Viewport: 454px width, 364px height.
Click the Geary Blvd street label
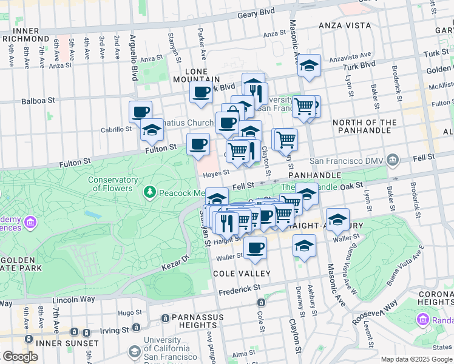256,13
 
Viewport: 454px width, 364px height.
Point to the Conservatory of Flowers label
112,184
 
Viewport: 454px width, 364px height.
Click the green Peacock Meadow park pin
149,192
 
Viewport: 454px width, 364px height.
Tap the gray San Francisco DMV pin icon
393,161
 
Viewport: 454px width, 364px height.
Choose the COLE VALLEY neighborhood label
237,274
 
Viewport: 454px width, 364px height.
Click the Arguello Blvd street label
134,58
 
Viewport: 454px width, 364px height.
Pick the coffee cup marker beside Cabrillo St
140,112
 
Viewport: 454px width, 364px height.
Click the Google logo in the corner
20,357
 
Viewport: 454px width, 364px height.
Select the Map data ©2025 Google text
416,359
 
